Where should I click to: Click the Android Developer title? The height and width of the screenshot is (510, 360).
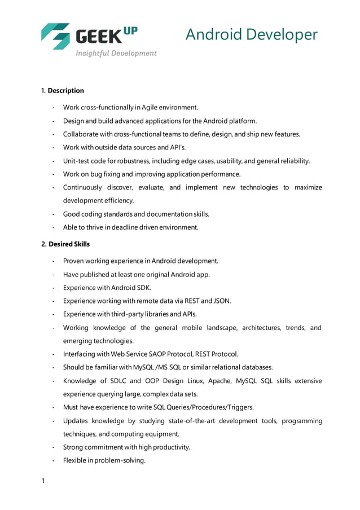click(x=251, y=35)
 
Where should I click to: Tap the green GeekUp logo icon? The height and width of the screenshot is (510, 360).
click(x=55, y=36)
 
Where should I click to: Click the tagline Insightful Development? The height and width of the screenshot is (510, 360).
click(x=116, y=53)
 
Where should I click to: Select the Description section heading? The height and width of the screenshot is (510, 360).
click(x=65, y=90)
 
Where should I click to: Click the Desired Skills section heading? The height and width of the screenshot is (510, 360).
click(x=69, y=244)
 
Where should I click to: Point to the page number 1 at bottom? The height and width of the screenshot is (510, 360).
click(x=43, y=481)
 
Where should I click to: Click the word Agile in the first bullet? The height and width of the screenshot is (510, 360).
click(x=150, y=107)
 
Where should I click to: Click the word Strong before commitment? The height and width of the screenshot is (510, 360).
click(x=73, y=447)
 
